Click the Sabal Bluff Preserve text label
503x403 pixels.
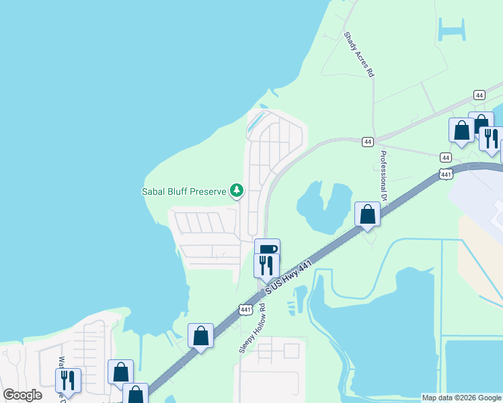183,191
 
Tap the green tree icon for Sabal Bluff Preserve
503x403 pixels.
236,191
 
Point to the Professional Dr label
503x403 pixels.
384,177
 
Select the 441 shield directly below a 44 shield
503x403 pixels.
447,174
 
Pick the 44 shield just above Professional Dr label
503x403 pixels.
367,142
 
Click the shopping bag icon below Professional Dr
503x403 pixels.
367,214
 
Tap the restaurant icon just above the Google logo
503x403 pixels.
68,379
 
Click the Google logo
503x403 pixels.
22,395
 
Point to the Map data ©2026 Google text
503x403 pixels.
461,398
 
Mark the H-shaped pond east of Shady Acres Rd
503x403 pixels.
451,30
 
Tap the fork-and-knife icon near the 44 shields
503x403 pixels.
490,138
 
